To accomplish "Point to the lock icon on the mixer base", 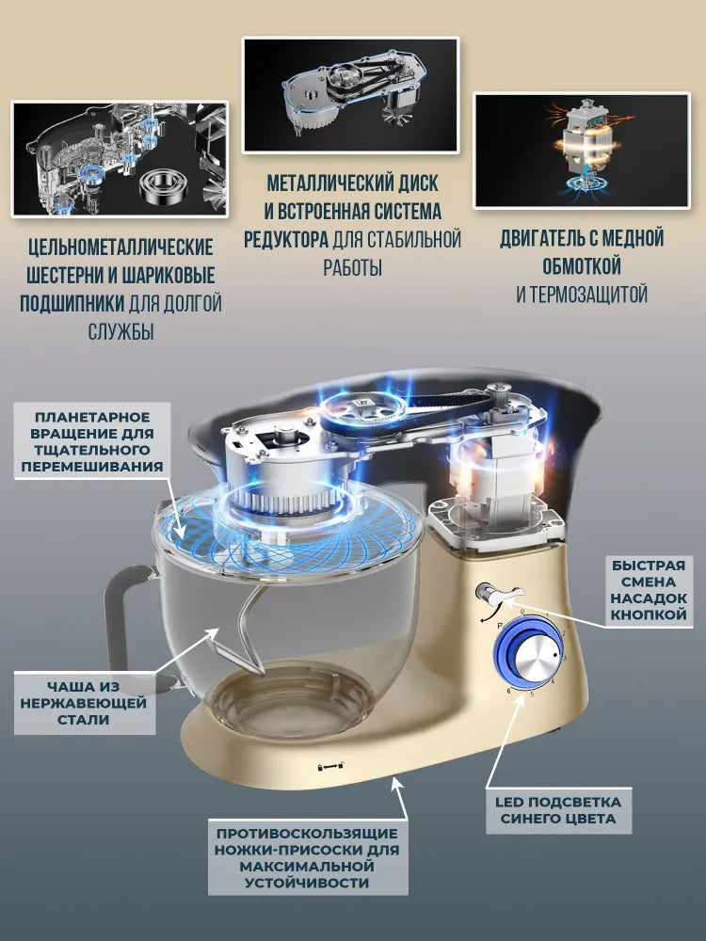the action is point(331,766).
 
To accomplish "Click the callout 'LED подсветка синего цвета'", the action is point(558,811).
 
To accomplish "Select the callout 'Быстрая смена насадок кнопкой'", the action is point(649,590).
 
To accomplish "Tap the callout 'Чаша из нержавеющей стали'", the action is point(84,703).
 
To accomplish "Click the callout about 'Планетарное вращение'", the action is point(92,441).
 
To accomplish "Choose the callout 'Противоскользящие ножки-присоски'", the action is point(308,857).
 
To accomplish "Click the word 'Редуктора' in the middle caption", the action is point(286,239).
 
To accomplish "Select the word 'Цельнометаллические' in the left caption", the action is point(120,247).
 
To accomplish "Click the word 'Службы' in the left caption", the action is point(120,331).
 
